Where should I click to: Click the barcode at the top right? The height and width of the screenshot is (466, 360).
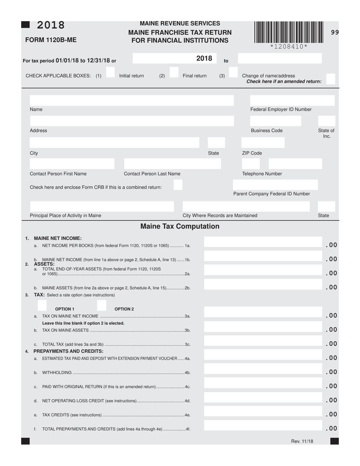click(x=289, y=32)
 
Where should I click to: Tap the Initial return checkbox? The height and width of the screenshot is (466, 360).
click(x=110, y=72)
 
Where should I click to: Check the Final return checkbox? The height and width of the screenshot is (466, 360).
click(x=174, y=72)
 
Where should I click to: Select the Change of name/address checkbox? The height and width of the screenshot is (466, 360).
click(x=233, y=72)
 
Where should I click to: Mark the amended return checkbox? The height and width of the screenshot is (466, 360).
click(x=330, y=79)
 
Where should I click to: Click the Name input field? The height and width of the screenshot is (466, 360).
click(x=131, y=100)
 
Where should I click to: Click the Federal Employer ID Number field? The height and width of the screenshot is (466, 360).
click(x=292, y=100)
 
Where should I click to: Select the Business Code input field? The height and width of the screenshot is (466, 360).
click(x=275, y=121)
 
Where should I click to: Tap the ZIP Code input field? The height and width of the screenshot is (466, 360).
click(x=263, y=143)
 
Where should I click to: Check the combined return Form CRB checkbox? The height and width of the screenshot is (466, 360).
click(x=178, y=185)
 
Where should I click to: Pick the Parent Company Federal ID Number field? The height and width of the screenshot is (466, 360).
click(x=275, y=185)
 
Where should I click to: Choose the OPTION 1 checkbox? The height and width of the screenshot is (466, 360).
click(x=42, y=305)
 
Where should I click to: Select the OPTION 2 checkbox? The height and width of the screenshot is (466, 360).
click(x=102, y=305)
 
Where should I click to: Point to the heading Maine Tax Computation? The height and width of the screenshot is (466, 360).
click(x=180, y=227)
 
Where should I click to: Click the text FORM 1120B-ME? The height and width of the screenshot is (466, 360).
click(x=51, y=40)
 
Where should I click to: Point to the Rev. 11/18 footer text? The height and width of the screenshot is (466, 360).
click(x=302, y=441)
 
